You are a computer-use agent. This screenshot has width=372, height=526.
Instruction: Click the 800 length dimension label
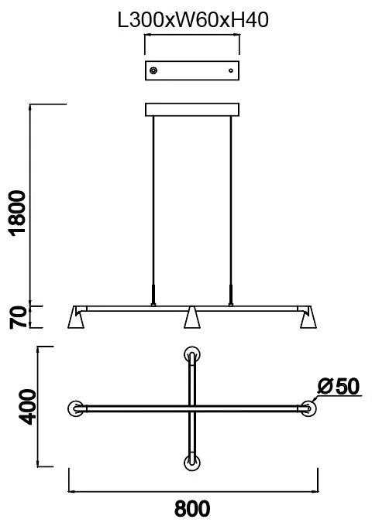pyautogui.click(x=192, y=509)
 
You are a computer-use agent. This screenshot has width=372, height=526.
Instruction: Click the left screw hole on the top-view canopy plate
pyautogui.click(x=154, y=71)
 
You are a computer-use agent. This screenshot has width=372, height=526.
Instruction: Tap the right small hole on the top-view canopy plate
pyautogui.click(x=230, y=71)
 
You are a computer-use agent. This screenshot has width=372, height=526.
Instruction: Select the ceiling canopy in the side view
pyautogui.click(x=192, y=110)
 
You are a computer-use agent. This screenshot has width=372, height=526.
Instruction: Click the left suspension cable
pyautogui.click(x=154, y=201)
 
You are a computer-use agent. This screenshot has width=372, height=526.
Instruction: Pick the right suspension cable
pyautogui.click(x=230, y=201)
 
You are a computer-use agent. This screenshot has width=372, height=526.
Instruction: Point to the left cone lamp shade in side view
pyautogui.click(x=77, y=319)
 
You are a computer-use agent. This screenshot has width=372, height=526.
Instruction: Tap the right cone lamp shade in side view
pyautogui.click(x=308, y=319)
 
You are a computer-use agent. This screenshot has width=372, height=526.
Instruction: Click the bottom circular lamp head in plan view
pyautogui.click(x=192, y=462)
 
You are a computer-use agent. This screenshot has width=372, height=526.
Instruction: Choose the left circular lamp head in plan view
pyautogui.click(x=76, y=408)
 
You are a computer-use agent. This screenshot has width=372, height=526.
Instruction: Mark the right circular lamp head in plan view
pyautogui.click(x=308, y=408)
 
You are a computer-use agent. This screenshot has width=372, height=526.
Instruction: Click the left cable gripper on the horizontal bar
pyautogui.click(x=154, y=295)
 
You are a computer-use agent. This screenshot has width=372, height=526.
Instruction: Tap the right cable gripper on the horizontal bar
pyautogui.click(x=230, y=295)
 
